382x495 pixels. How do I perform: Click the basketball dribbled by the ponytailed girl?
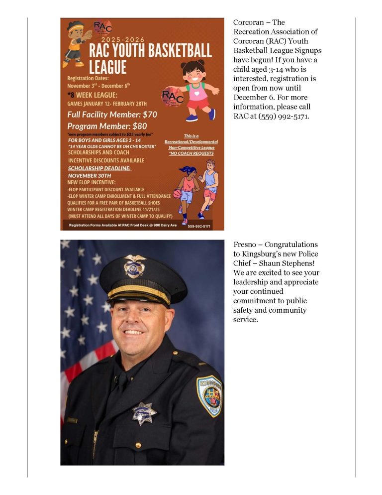(x=177, y=194)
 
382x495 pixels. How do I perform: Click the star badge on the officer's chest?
(x=145, y=412)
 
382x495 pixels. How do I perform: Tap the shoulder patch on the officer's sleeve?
(x=209, y=396)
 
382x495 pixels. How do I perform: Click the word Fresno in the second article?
(x=247, y=245)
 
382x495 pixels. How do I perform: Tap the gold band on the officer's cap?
(x=139, y=295)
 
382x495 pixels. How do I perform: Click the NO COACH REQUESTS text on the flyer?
(x=191, y=153)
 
